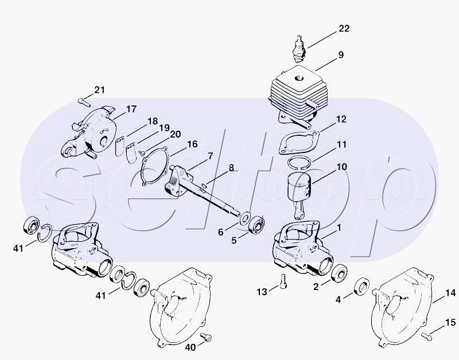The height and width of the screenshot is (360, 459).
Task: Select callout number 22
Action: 344,29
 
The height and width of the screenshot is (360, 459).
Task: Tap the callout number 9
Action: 341,55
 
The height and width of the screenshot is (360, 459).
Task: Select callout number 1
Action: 339,227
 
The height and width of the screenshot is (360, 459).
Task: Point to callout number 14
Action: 452,293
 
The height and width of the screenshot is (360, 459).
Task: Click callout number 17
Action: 131,109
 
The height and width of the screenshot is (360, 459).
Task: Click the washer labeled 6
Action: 243,220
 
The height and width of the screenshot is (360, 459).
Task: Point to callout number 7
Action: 210,155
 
